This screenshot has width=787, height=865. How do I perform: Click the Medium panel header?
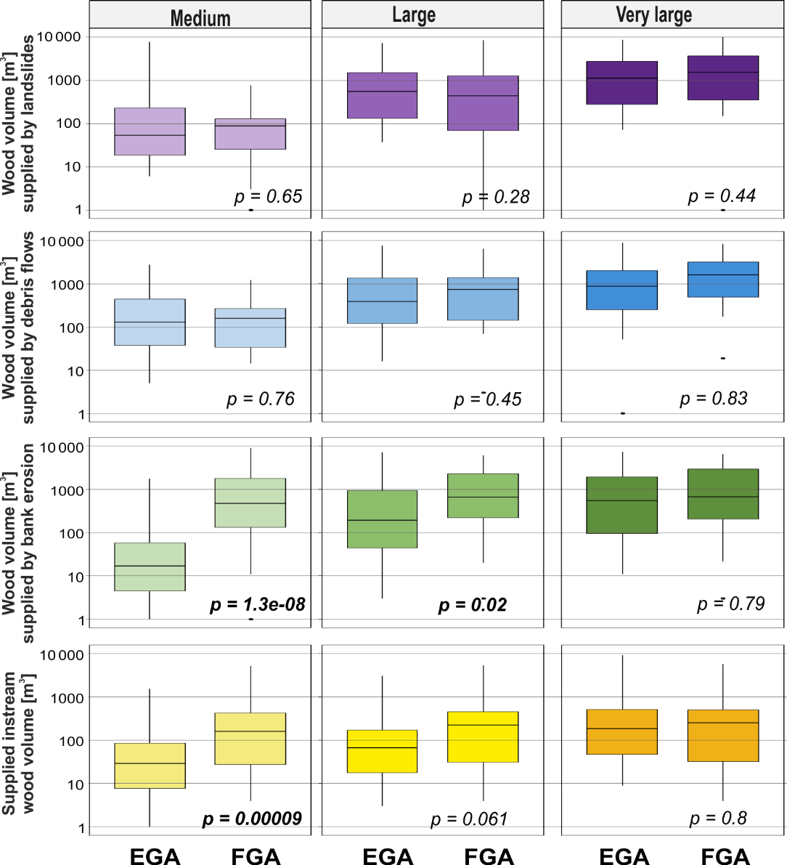200,17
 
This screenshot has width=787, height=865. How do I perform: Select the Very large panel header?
653,15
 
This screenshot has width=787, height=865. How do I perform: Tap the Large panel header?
414,15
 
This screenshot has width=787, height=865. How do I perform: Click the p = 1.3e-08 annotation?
257,604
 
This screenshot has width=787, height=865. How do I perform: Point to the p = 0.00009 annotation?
252,819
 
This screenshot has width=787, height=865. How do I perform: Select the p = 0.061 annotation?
469,819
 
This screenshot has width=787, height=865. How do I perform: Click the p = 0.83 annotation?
713,398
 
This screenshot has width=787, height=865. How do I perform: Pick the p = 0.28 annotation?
496,197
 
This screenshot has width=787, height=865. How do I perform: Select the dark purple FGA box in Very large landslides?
723,78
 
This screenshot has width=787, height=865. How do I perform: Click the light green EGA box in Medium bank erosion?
150,566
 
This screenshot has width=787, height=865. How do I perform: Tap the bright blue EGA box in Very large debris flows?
622,290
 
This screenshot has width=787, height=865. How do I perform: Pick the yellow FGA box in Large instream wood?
483,736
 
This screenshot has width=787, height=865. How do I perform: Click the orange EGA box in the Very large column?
622,731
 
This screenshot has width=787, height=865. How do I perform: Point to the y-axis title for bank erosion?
17,543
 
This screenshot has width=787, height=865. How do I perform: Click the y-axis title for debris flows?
17,328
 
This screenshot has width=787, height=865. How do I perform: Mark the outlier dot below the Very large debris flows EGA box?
623,413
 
